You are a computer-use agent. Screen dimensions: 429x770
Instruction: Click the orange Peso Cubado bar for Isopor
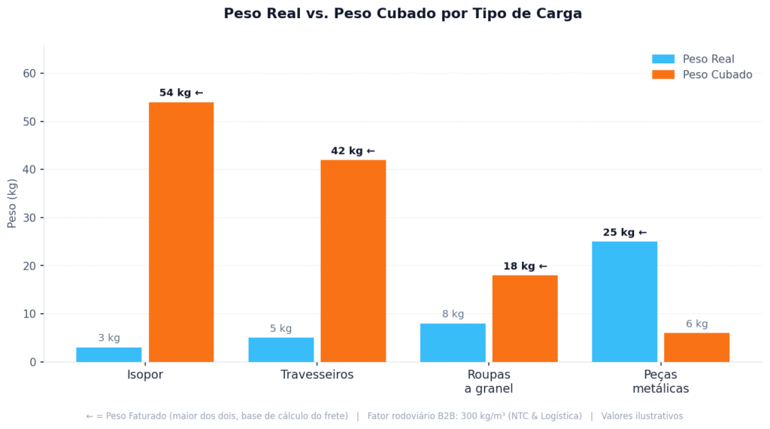181,232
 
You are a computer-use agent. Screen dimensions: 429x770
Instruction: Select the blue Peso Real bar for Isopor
109,354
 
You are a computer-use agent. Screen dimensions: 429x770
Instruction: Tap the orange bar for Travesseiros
353,260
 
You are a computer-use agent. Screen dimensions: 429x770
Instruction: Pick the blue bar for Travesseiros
281,350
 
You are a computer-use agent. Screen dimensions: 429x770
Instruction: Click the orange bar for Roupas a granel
525,318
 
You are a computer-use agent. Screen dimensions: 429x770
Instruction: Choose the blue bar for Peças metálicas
624,301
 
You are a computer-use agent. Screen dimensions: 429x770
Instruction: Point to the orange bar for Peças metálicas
696,347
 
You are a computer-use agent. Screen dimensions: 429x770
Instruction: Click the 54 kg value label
181,93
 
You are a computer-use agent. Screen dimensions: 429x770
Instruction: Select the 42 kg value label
353,151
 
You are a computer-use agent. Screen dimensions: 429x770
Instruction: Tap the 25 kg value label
624,233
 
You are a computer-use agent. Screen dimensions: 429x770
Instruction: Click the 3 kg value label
109,338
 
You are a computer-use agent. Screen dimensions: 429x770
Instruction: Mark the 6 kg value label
696,324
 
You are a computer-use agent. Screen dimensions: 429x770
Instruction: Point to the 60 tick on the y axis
29,73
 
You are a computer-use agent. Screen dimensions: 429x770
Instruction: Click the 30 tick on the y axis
29,218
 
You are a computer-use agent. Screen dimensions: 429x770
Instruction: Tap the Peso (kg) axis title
12,203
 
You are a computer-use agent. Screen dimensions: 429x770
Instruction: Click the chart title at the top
402,14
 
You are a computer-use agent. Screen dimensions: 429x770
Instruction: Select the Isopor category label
145,375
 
